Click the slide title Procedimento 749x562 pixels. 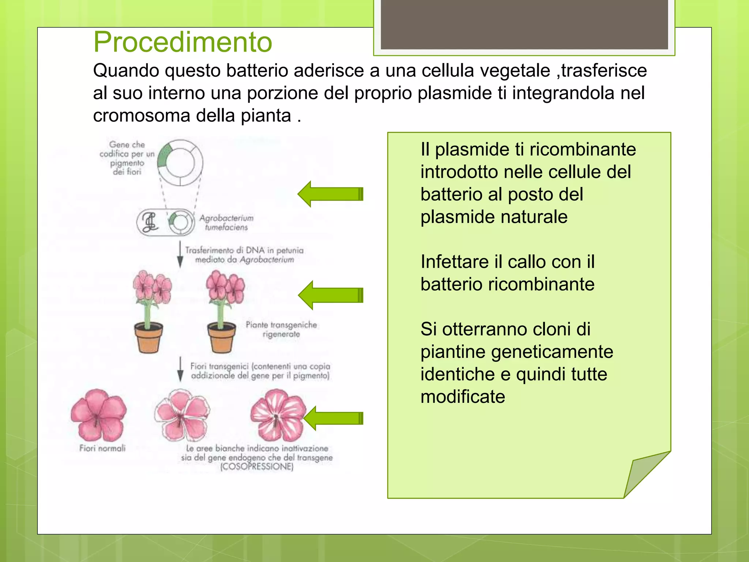pyautogui.click(x=182, y=42)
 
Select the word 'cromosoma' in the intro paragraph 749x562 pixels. pyautogui.click(x=142, y=116)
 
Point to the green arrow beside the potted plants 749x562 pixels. pyautogui.click(x=331, y=295)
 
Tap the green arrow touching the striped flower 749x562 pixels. pyautogui.click(x=333, y=418)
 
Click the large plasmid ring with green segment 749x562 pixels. pyautogui.click(x=180, y=163)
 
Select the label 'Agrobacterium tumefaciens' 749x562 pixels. pyautogui.click(x=226, y=222)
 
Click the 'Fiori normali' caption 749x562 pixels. pyautogui.click(x=102, y=448)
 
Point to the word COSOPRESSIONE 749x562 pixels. pyautogui.click(x=257, y=467)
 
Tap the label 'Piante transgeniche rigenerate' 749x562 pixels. pyautogui.click(x=281, y=329)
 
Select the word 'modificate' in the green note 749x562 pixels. pyautogui.click(x=463, y=397)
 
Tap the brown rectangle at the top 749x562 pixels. pyautogui.click(x=524, y=25)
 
